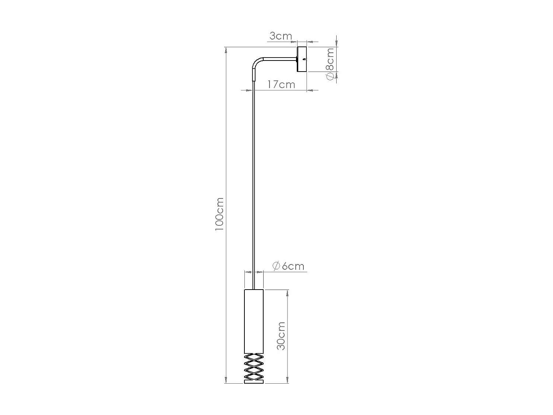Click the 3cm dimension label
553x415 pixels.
pyautogui.click(x=281, y=36)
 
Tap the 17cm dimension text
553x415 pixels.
pyautogui.click(x=281, y=84)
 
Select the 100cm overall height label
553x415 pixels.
pyautogui.click(x=219, y=214)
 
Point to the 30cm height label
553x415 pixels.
pyautogui.click(x=281, y=336)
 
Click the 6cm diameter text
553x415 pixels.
pyautogui.click(x=293, y=266)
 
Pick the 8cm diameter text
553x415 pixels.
pyautogui.click(x=330, y=59)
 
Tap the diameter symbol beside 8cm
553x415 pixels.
pyautogui.click(x=330, y=76)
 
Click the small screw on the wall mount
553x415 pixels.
pyautogui.click(x=304, y=59)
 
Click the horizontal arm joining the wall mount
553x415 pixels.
pyautogui.click(x=280, y=58)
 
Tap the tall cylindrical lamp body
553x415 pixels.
pyautogui.click(x=254, y=321)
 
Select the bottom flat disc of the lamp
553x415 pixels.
pyautogui.click(x=254, y=382)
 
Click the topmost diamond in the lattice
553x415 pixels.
pyautogui.click(x=254, y=357)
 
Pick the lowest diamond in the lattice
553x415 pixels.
pyautogui.click(x=254, y=376)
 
